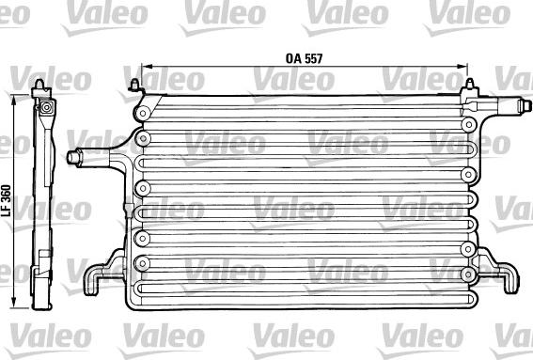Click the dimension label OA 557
[304, 58]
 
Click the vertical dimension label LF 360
[7, 201]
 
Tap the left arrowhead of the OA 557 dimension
[145, 66]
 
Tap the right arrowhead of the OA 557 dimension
[463, 66]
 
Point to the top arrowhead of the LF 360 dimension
[14, 99]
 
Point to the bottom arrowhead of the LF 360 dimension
[14, 304]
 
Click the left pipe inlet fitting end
[74, 158]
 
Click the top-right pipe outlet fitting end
[525, 104]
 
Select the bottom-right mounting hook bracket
[498, 271]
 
